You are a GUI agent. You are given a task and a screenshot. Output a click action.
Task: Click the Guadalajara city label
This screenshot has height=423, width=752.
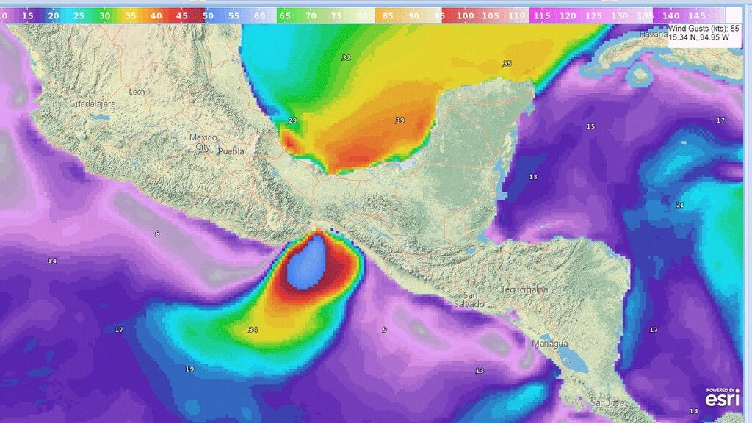[x=93, y=104]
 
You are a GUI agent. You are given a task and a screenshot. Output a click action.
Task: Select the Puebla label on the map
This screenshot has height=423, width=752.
[x=231, y=151]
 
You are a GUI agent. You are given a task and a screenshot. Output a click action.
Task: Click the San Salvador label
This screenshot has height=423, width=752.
[x=470, y=300]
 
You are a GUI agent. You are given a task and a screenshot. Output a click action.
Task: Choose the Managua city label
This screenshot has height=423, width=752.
[x=550, y=344]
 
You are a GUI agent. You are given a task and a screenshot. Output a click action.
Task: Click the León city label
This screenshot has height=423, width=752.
[x=137, y=92]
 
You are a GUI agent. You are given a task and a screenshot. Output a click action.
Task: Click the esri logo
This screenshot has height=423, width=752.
[x=723, y=397]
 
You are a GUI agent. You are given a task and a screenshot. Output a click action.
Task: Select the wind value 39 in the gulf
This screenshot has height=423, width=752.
[x=399, y=120]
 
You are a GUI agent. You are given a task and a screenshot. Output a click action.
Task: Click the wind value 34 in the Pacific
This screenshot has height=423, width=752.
[x=253, y=330]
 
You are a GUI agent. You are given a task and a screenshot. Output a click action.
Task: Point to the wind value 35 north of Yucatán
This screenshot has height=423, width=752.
[x=507, y=64]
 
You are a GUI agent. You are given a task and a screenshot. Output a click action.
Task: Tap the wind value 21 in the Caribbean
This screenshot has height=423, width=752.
[x=680, y=205]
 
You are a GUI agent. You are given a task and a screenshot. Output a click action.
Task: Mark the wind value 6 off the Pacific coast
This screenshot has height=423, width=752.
[x=157, y=234]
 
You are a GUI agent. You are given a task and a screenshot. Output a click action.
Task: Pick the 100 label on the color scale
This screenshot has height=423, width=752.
[x=465, y=15]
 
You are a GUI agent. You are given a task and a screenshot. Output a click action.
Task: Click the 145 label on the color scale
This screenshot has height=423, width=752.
[x=695, y=15]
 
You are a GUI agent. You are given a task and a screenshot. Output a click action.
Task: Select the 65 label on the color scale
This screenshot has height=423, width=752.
[x=286, y=15]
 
